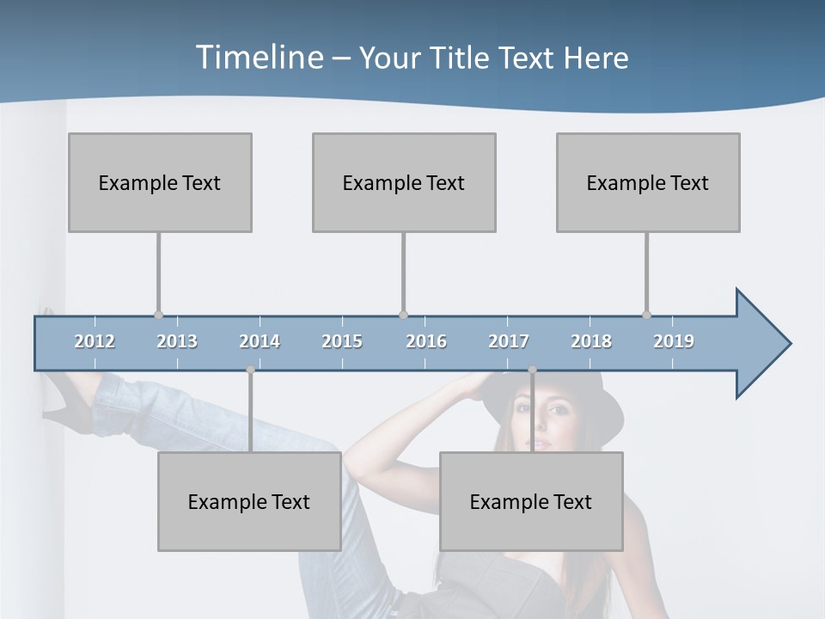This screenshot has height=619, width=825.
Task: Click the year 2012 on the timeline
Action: pos(95,341)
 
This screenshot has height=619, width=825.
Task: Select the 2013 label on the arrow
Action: pos(177,341)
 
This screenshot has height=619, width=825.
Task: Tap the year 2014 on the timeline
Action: pos(260,341)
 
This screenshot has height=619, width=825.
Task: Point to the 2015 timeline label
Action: pos(342,341)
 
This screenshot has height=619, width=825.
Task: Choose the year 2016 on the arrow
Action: pos(426,341)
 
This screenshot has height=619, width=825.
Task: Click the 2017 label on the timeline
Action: pos(509,341)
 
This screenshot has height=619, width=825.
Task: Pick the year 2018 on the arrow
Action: pos(591,341)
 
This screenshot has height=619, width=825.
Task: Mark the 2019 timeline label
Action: pos(674,341)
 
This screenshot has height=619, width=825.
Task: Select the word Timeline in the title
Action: pos(258,58)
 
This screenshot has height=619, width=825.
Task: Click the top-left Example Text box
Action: pos(160,182)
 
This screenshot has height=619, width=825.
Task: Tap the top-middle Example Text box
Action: pos(404,182)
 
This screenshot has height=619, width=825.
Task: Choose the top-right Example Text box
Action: pos(648,182)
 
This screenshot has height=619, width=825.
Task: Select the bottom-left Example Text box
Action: pos(249,501)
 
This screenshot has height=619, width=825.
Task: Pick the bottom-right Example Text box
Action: pos(531,501)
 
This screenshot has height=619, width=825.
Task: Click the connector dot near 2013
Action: pos(158,315)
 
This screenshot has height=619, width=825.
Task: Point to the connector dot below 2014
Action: pos(250,370)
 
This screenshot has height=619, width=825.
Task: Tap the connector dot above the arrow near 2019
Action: pos(646,315)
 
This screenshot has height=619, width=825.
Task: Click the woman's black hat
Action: pos(584,404)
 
